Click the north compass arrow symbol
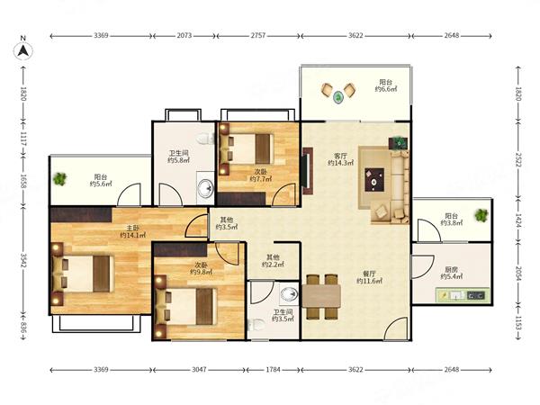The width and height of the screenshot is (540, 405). (x=23, y=51)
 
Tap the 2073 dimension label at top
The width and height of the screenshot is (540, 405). (x=184, y=35)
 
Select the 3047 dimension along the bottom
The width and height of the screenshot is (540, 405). (x=199, y=370)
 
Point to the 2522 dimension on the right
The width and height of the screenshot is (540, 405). (x=518, y=159)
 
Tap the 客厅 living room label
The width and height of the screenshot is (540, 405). (x=340, y=156)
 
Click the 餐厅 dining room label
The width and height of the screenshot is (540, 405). (x=370, y=274)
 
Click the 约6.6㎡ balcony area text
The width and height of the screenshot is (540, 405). (x=386, y=89)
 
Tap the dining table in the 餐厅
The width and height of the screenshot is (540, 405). (x=321, y=296)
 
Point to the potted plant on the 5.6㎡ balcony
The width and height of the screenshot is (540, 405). (x=60, y=179)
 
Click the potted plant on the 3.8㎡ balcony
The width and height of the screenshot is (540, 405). (x=481, y=215)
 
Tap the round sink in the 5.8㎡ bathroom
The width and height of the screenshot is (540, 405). (x=206, y=189)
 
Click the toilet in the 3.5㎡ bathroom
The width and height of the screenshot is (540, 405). (x=256, y=324)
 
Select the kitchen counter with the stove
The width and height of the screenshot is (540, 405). (x=463, y=295)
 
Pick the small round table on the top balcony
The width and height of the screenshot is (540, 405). (x=339, y=97)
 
